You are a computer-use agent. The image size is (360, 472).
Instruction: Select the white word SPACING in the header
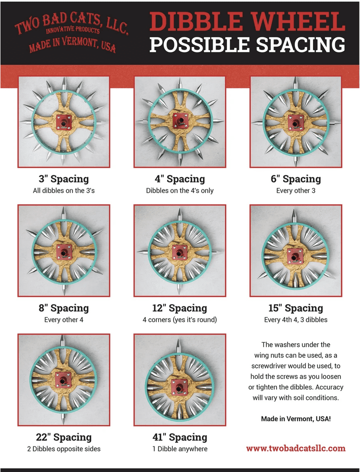[x=301, y=45]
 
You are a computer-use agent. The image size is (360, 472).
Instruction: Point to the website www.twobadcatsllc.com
[x=296, y=448]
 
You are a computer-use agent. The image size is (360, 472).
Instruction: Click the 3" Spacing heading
[x=64, y=179]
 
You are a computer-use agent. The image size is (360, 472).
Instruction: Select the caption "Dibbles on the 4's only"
[x=180, y=190]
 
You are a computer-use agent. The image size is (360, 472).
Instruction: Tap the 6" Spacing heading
[x=296, y=179]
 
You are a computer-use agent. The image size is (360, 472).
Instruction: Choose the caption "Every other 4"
[x=64, y=320]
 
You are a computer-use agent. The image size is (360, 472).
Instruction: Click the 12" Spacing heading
[x=180, y=308]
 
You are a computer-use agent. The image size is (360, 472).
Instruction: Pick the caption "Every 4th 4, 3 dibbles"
[x=296, y=320]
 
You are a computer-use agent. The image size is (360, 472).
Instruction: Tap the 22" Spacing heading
[x=64, y=437]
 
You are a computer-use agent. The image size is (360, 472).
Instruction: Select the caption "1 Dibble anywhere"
[x=180, y=449]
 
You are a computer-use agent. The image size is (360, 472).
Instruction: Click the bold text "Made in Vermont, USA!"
[x=296, y=419]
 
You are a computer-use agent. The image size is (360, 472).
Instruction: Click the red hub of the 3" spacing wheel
[x=64, y=122]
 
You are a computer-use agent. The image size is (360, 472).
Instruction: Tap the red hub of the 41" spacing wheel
[x=179, y=387]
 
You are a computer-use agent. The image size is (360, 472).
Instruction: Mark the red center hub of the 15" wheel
[x=295, y=256]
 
